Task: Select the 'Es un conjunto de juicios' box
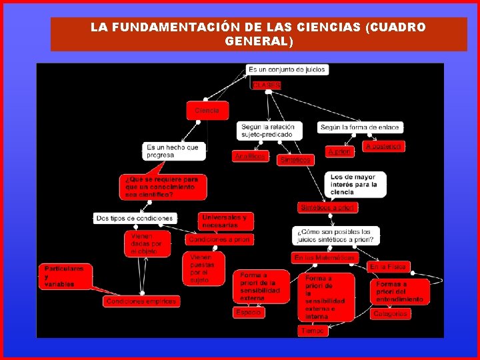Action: click(287, 69)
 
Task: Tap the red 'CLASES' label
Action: click(267, 85)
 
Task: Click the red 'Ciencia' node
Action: click(207, 110)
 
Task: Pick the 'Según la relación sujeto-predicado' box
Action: click(269, 130)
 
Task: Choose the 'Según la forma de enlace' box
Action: click(359, 127)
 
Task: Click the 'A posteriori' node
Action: click(383, 145)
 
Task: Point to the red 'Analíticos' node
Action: click(250, 156)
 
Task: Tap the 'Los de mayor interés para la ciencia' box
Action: click(357, 185)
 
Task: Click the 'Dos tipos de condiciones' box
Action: click(135, 218)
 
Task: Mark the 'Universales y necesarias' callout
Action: click(225, 221)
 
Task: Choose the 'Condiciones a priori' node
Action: click(219, 239)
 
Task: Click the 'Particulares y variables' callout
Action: click(65, 276)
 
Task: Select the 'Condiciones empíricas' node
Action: click(141, 301)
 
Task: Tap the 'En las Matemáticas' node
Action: click(325, 257)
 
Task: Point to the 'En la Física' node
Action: click(387, 267)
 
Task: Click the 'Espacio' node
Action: click(248, 311)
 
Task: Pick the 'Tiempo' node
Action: click(313, 330)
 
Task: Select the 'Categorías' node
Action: click(390, 313)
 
